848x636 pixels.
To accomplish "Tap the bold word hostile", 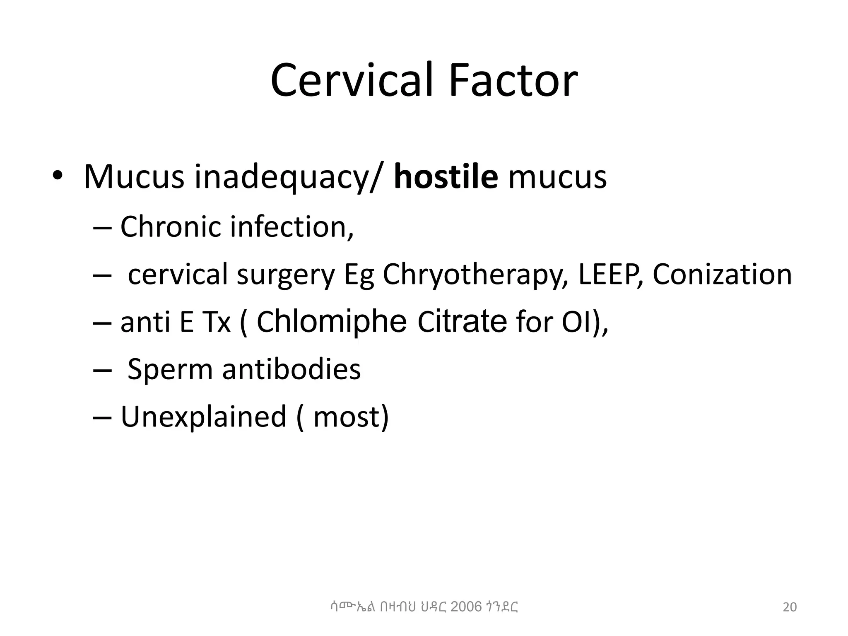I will tap(446, 177).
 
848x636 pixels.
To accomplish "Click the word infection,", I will tap(292, 227).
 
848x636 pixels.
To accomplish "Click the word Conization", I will tap(722, 274).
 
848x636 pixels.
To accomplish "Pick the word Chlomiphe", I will tap(332, 322).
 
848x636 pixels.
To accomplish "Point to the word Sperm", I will tap(170, 369).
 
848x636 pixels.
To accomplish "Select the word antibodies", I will tap(291, 369).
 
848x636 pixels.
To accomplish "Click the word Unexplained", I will tap(203, 416).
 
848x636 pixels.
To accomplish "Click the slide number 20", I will tap(790, 607).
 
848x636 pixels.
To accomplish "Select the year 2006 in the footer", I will tap(466, 607).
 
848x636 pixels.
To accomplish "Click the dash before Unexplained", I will tap(102, 417).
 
